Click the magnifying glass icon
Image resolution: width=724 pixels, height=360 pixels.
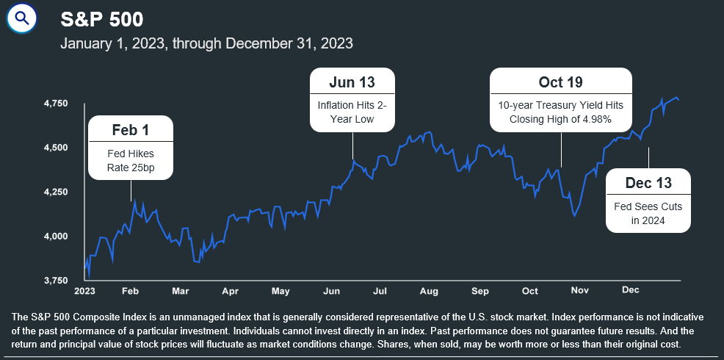click(x=22, y=18)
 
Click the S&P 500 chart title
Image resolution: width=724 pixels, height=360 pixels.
click(x=102, y=19)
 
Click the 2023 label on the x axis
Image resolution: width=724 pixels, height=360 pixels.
click(x=85, y=292)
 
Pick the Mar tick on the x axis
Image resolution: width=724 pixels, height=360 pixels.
click(x=181, y=292)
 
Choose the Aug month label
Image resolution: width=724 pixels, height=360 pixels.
click(x=428, y=292)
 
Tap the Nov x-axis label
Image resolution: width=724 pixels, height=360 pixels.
click(x=581, y=292)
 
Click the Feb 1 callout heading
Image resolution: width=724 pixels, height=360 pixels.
click(x=131, y=130)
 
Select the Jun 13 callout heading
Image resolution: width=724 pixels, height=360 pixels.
click(x=352, y=82)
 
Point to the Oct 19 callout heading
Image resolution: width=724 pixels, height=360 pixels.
click(x=560, y=82)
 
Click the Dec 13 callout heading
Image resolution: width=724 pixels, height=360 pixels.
click(x=648, y=182)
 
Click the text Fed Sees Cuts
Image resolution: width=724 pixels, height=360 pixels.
click(x=648, y=206)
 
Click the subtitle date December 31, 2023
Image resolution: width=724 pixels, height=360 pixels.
click(x=290, y=43)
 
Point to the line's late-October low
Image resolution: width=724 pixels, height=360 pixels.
click(x=574, y=216)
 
